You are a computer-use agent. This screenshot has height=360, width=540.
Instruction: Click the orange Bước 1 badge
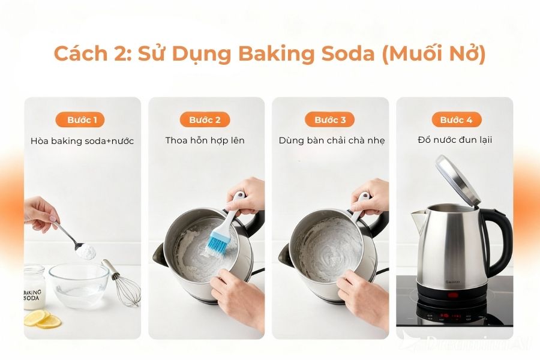(82, 120)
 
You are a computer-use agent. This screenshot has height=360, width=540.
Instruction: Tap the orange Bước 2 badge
(205, 120)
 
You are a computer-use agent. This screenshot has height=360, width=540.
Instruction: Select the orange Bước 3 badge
(330, 120)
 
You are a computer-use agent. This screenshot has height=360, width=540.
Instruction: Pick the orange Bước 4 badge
(456, 120)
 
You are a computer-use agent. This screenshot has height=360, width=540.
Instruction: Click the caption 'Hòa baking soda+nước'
(82, 141)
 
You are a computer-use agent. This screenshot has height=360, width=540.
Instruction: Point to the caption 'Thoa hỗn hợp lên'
(205, 140)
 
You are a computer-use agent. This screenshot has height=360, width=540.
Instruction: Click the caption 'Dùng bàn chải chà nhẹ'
(331, 140)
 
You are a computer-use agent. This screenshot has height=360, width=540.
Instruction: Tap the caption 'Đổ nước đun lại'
(456, 140)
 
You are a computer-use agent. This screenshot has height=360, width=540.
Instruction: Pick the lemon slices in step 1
(45, 319)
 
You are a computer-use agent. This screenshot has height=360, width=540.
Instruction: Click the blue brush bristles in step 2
(217, 242)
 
